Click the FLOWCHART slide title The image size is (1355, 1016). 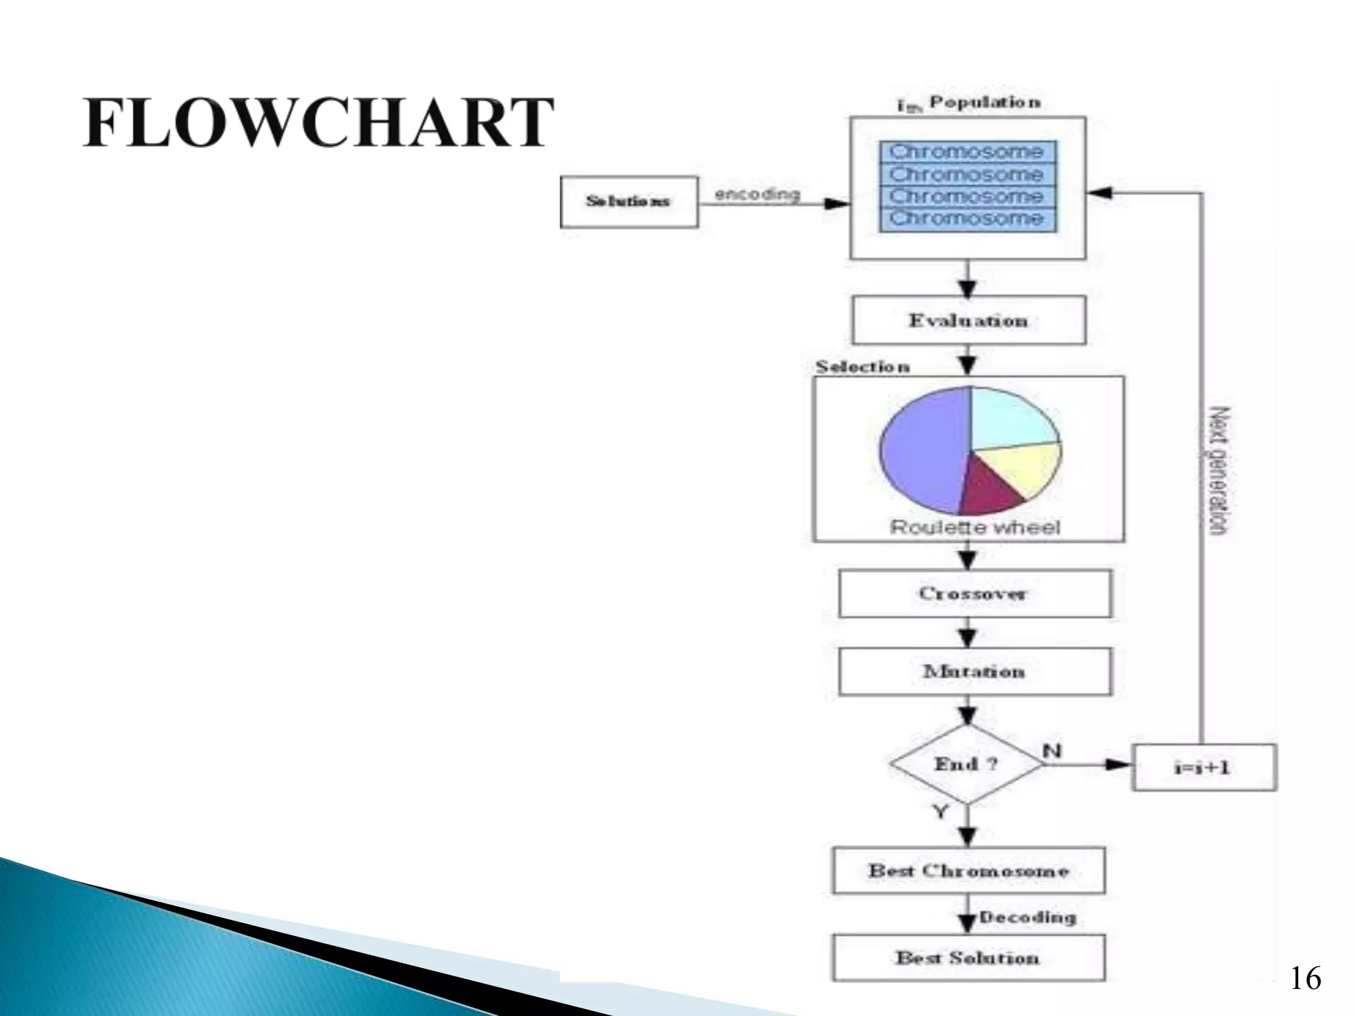click(318, 123)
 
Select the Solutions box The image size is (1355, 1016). click(629, 201)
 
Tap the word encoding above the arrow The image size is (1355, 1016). click(757, 194)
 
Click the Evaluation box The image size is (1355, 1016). click(969, 321)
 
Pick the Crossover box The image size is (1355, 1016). click(975, 593)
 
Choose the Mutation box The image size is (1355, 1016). click(975, 671)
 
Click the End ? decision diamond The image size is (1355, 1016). click(967, 765)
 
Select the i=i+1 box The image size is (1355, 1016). click(1203, 767)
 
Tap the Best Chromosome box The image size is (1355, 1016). click(969, 870)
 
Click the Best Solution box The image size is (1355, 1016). click(969, 957)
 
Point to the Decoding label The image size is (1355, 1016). click(1027, 917)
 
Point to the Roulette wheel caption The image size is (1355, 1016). click(974, 527)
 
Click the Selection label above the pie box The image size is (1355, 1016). click(862, 366)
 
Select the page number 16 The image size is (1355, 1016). click(1305, 978)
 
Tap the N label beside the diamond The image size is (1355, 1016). click(1052, 751)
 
